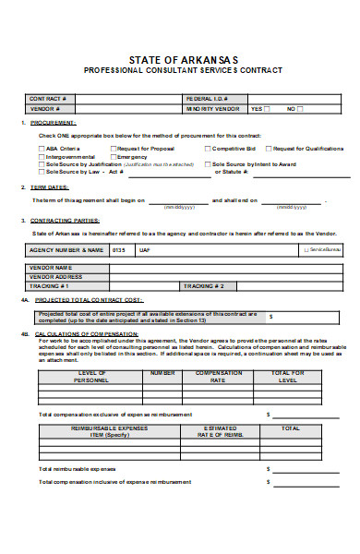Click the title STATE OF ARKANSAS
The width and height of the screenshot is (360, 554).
click(x=179, y=57)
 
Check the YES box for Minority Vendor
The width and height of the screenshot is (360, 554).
click(x=267, y=108)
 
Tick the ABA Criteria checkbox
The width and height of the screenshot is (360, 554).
click(x=41, y=148)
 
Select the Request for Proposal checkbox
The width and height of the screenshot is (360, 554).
click(x=114, y=148)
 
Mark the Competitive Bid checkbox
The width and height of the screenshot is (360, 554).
click(x=208, y=148)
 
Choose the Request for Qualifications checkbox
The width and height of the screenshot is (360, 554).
click(x=269, y=148)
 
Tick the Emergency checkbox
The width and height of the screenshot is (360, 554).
click(x=114, y=156)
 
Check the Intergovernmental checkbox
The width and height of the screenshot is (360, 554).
click(x=41, y=156)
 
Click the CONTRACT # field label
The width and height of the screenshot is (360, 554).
click(x=47, y=98)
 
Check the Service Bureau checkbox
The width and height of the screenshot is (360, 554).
click(x=306, y=249)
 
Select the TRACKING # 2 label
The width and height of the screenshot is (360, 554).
click(x=203, y=285)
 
